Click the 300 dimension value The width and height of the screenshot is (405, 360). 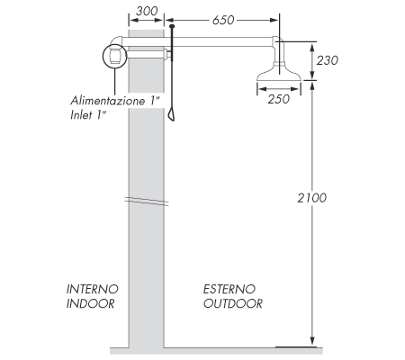pos(145,13)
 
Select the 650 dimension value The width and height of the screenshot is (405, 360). pos(225,21)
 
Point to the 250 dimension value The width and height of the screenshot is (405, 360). pos(278,99)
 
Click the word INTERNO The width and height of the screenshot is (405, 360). pos(92,289)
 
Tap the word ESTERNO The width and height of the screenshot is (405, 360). pos(229,289)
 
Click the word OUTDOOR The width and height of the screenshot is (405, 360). pos(232,303)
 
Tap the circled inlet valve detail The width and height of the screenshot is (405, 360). pos(114,57)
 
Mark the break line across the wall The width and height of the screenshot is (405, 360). pos(146,200)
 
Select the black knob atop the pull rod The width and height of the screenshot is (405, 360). pos(170,29)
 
